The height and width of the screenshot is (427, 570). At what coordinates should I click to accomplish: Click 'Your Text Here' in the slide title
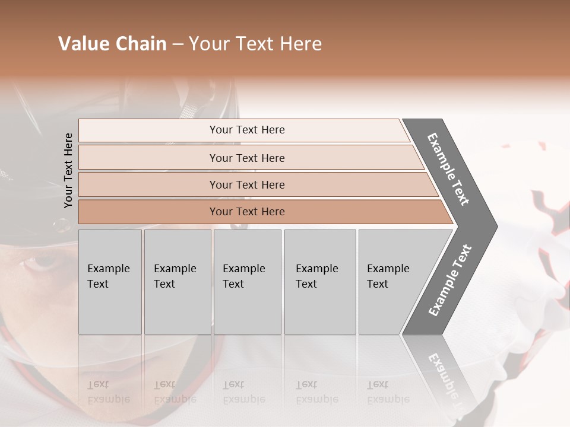click(x=255, y=44)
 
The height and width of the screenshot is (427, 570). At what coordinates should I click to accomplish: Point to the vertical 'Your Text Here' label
click(x=68, y=170)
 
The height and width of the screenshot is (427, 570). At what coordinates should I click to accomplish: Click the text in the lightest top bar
click(x=247, y=130)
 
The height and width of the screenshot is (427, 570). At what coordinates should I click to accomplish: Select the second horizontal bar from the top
click(x=247, y=158)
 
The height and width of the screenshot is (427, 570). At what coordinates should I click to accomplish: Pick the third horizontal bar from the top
click(x=247, y=185)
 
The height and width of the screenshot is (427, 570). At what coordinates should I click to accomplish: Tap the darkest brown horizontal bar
click(x=247, y=212)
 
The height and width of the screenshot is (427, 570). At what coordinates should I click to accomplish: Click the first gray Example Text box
click(x=110, y=282)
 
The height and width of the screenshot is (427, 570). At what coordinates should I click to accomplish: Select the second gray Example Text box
click(x=178, y=282)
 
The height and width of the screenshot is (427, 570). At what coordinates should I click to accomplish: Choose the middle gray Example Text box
click(x=247, y=282)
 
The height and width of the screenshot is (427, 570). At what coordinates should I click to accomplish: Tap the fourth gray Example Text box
click(x=320, y=282)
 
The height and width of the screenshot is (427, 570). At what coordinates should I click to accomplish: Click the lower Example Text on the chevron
click(x=449, y=281)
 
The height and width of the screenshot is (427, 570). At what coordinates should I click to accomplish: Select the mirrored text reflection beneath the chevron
click(x=442, y=377)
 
